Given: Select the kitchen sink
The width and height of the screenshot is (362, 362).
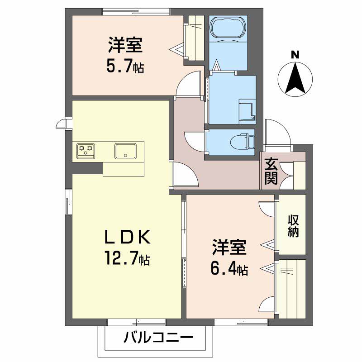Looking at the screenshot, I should pos(125,151).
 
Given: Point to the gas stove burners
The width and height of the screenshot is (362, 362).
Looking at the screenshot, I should pos(86,151).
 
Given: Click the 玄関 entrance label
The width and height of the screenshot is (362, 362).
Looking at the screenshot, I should pos(271,171).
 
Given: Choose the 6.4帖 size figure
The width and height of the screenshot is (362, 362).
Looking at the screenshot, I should pos(228,269).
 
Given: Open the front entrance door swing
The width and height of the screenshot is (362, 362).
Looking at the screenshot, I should pos(277,131).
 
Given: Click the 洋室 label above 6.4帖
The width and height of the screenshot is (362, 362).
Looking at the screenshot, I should pos(229,248).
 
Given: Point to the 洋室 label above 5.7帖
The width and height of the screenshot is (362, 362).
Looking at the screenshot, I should pos(125,46).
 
